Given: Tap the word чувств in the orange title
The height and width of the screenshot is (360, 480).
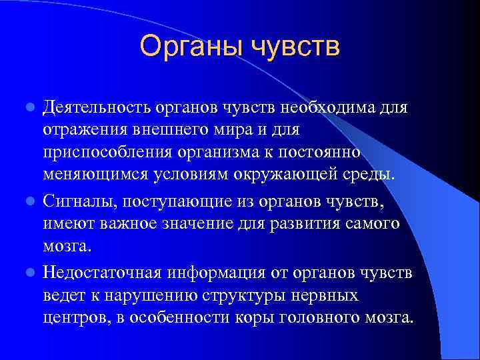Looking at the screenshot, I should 295,47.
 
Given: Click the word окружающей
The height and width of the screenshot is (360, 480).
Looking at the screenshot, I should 295,175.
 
